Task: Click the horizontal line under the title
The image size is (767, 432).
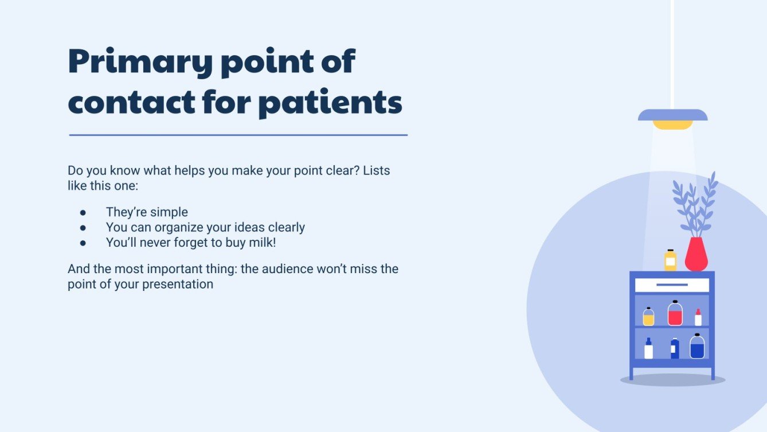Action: coord(238,135)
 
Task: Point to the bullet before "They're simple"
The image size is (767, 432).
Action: coord(83,213)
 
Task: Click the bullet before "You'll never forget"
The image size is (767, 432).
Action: coord(83,243)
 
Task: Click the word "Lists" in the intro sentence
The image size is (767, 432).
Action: coord(376,171)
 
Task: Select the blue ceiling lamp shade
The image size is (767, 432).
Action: coord(672,115)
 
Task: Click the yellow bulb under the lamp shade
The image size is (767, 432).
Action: coord(672,124)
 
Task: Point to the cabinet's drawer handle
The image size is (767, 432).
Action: coord(672,285)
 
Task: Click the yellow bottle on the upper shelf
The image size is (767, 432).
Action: coord(648,317)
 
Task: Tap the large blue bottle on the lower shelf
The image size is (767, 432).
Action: coord(697,347)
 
